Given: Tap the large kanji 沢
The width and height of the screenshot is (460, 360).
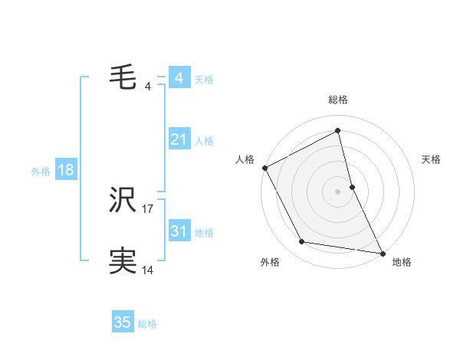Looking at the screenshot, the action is point(123,201).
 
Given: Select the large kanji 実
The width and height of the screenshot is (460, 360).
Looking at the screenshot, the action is point(123,261).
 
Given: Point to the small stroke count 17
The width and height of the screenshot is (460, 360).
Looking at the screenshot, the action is point(148,208).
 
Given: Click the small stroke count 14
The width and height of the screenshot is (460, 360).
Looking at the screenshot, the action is point(148,270).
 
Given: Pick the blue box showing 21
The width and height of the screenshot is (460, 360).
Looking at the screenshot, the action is point(179,139).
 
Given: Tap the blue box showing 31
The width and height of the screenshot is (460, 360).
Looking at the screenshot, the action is point(179,231).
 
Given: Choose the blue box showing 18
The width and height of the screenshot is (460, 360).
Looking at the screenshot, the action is point(65,170).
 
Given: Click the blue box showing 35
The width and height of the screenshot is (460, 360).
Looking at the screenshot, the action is point(123,322).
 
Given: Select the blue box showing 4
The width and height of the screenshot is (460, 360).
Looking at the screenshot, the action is point(179,78).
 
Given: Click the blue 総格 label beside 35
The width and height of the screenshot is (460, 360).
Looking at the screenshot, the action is point(147,324).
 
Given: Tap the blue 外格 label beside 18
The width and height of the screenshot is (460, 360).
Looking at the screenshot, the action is point(41,172).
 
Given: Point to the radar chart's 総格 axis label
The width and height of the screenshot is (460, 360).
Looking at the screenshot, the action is point(338,100).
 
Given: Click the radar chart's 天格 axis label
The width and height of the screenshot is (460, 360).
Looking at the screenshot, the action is point(432,159).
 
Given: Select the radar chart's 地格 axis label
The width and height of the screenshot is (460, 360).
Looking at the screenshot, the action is point(402,262).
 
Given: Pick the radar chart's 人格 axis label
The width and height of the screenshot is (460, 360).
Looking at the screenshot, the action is point(245,159).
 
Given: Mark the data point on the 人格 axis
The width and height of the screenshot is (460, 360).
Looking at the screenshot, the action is point(264,167).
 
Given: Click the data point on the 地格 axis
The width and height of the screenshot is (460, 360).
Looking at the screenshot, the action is point(381,252).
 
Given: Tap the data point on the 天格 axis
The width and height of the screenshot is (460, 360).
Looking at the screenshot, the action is point(352,186).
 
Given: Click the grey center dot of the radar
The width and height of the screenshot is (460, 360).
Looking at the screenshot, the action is point(338,191).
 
